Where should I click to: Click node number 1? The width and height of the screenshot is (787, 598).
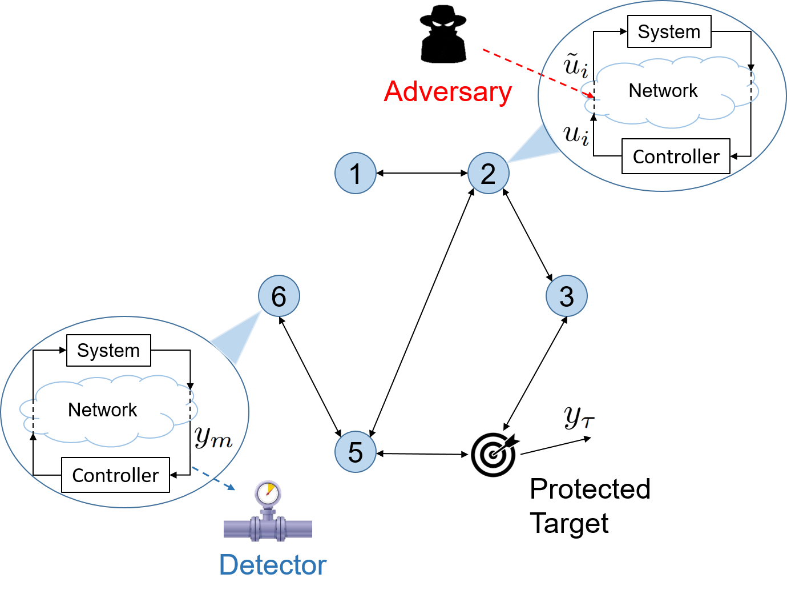coord(355,173)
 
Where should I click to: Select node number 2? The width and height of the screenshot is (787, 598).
coord(488,173)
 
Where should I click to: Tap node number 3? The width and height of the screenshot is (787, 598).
coord(566,296)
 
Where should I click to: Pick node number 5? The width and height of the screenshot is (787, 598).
coord(355,452)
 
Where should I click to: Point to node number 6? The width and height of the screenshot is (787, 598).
coord(279,296)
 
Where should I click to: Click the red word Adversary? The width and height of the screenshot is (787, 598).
coord(447,92)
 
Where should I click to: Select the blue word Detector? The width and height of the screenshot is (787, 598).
coord(272,565)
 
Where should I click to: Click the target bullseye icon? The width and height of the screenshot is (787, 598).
coord(494,454)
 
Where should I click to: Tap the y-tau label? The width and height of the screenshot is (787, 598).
coord(578,416)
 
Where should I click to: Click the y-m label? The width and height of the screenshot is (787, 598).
coord(212,438)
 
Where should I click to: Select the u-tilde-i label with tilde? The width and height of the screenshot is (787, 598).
coord(575,65)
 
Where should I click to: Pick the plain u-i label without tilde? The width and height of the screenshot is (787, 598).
coord(576,135)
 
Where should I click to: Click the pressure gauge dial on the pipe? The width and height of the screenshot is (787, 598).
coord(268,492)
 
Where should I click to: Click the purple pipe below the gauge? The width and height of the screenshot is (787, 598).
coord(267,529)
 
